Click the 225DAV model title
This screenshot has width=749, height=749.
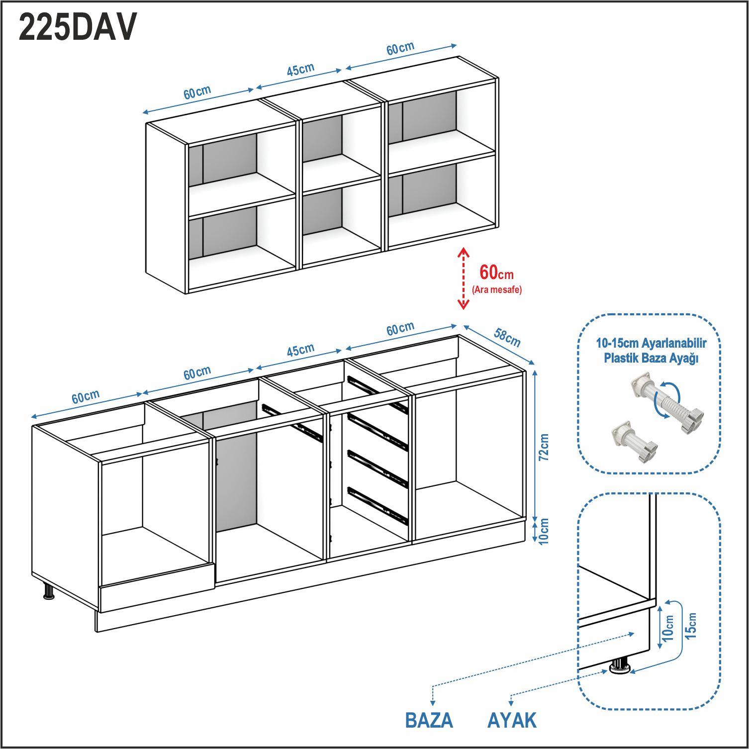pos(77,28)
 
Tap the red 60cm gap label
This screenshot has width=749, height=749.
pos(496,273)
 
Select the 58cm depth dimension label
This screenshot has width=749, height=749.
pos(507,338)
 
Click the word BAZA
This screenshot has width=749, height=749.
pos(429,720)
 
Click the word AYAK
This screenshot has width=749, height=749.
pos(512,720)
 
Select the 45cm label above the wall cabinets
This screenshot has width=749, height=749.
pos(300,70)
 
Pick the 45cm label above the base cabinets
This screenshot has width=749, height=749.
pos(300,350)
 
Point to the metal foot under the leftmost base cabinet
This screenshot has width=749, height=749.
pos(49,591)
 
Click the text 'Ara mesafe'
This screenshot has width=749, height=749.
pos(496,290)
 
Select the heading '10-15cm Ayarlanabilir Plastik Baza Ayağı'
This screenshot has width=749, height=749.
pos(651,350)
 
